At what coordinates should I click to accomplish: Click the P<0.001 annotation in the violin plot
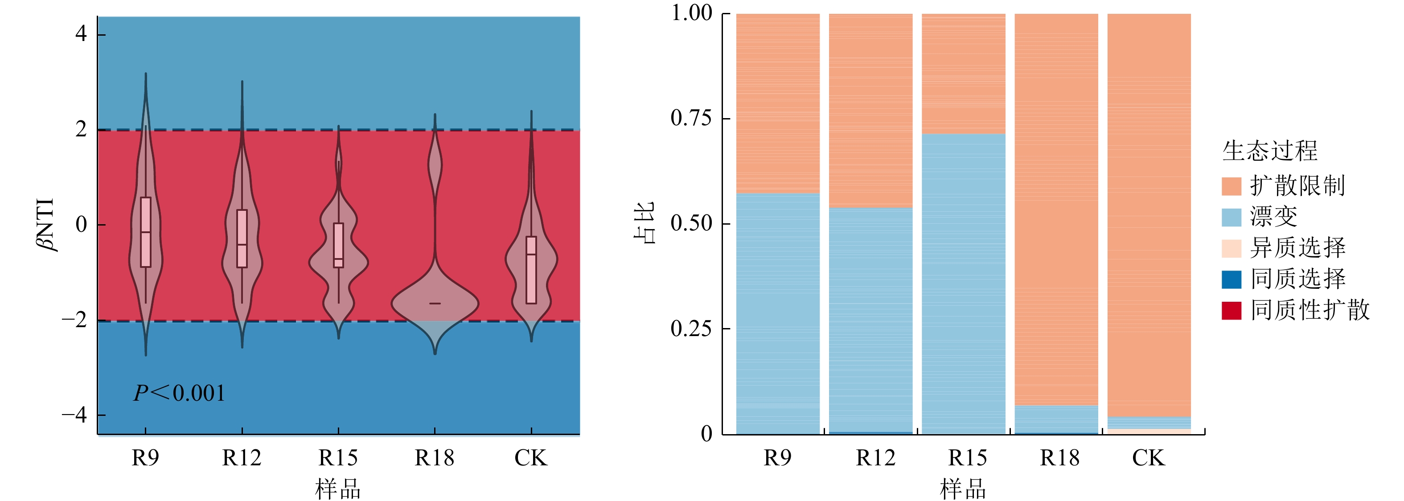pos(179,393)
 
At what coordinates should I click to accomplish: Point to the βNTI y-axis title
pos(46,224)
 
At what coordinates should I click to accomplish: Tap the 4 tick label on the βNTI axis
pos(81,34)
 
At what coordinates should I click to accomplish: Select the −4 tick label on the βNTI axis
pos(75,415)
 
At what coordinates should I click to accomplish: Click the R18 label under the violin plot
pos(435,458)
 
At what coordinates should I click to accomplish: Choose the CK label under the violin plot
pos(531,458)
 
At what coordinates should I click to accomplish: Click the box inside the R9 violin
pos(145,232)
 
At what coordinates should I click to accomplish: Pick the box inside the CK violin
pos(531,270)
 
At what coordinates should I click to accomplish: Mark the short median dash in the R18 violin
pos(435,303)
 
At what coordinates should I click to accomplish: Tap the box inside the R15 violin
pos(338,245)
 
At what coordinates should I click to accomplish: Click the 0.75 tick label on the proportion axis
pos(691,118)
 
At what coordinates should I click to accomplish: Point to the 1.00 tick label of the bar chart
pos(691,13)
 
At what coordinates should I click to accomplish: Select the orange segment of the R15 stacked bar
pos(963,74)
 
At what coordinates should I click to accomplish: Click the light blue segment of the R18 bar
pos(1056,419)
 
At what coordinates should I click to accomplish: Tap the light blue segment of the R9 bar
pos(778,313)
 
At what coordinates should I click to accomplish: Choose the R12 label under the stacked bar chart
pos(875,458)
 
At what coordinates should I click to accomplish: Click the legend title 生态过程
pos(1270,151)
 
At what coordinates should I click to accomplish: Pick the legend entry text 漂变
pos(1274,217)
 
